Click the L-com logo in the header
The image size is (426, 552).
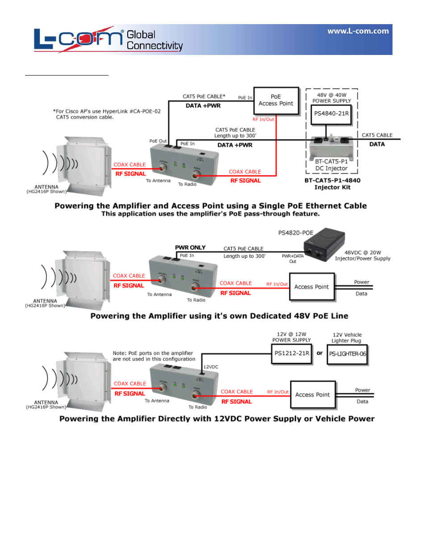pos(78,39)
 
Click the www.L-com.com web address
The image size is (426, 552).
pos(358,31)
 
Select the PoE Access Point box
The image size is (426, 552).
pos(276,101)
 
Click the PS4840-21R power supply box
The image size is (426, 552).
pos(331,114)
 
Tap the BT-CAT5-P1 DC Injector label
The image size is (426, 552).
pos(331,165)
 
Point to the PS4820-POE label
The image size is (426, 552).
pos(296,233)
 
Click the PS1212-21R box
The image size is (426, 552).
pos(292,354)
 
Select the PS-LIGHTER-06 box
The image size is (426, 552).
pos(347,354)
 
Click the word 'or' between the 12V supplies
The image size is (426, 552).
pos(320,353)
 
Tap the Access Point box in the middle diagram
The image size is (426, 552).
pos(311,287)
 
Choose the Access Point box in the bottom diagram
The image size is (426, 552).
pos(312,395)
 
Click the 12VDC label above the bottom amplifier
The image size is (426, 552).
pos(211,367)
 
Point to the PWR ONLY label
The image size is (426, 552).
pos(190,248)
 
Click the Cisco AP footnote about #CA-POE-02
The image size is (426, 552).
pos(107,114)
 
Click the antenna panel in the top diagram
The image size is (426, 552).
pos(85,165)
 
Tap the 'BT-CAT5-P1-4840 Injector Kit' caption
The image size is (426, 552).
pos(332,184)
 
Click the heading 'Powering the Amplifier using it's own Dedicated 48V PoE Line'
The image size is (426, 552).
pos(219,316)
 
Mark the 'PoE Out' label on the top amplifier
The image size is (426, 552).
pos(158,141)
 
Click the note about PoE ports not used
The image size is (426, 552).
pos(154,356)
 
